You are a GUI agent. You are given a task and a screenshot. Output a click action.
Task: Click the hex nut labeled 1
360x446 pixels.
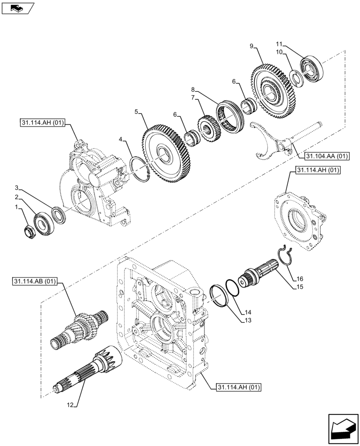point(29,231)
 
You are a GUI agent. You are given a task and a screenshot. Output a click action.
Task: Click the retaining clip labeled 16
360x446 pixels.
point(284,258)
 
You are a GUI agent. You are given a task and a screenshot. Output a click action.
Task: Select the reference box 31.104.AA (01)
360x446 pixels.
point(327,156)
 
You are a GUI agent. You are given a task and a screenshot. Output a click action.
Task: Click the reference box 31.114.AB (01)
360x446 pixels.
point(36,281)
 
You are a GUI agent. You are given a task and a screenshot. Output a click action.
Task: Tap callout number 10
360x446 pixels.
point(279,52)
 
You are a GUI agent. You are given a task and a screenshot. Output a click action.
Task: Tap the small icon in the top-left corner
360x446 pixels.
point(18,8)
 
